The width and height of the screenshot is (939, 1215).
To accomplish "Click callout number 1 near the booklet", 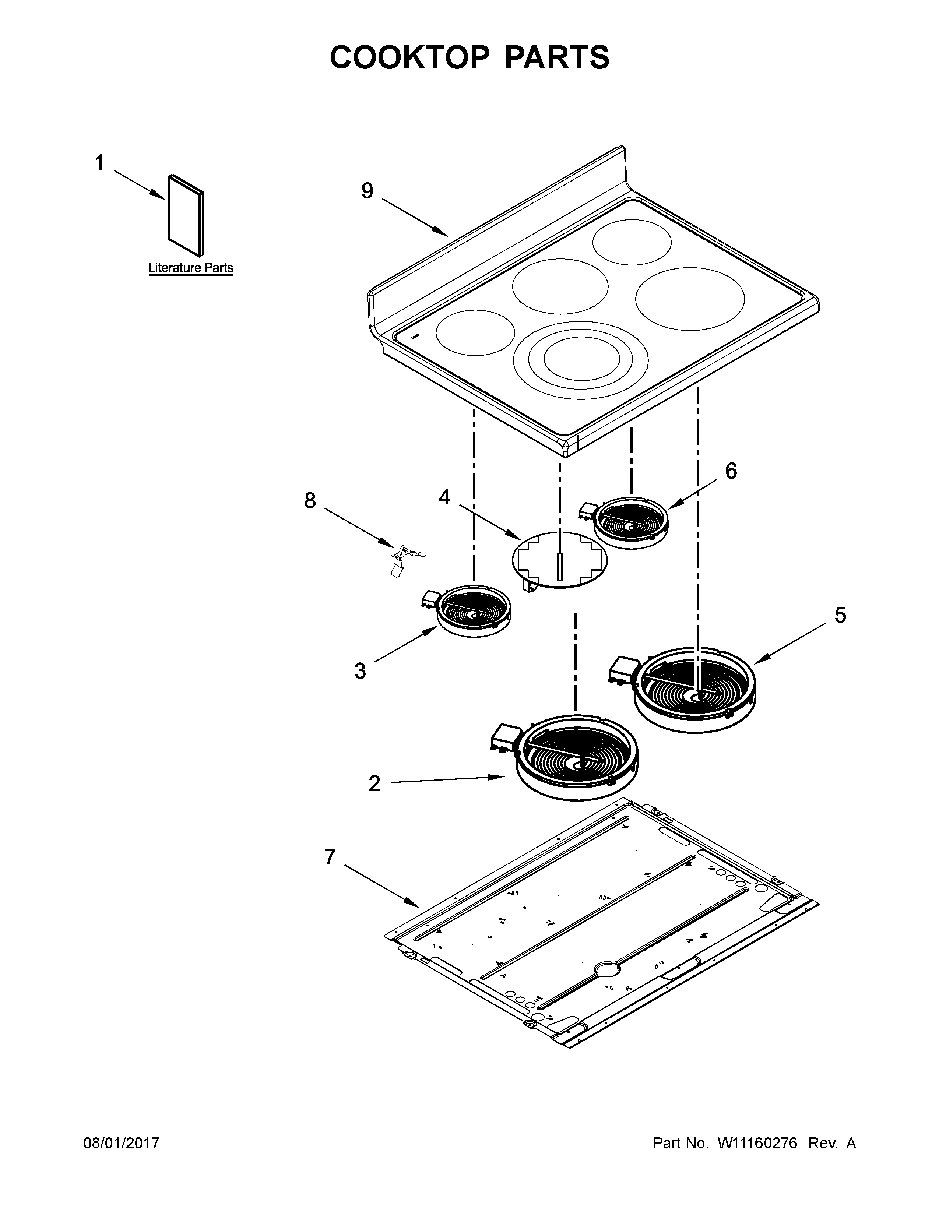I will (x=99, y=163).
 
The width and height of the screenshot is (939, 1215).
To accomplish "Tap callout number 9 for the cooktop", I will (x=367, y=191).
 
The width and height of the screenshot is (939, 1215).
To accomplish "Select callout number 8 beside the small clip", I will (x=310, y=501).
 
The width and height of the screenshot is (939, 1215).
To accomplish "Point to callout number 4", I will (x=444, y=497).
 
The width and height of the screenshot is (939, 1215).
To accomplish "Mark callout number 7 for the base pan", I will (x=330, y=857).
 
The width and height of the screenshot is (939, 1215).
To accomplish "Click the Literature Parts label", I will (x=191, y=268).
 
